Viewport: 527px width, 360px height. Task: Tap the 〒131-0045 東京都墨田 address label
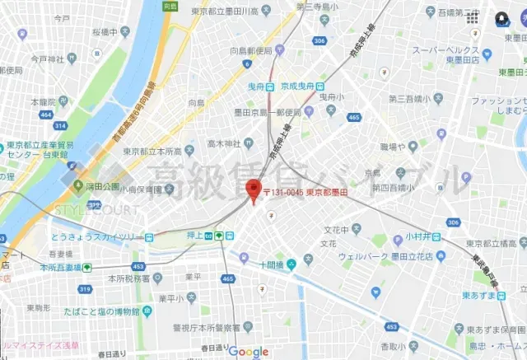(305, 192)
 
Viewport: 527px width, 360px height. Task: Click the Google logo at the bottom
(249, 352)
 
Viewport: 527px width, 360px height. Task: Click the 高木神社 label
(223, 143)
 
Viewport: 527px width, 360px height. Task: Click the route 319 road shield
(84, 289)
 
